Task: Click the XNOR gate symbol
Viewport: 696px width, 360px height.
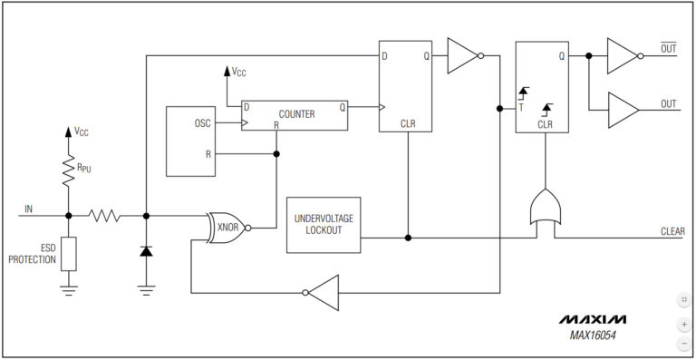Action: click(x=227, y=228)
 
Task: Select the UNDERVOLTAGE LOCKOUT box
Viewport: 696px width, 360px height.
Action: click(x=323, y=225)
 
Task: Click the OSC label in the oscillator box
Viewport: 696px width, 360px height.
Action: click(x=202, y=122)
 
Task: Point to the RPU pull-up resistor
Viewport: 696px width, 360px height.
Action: click(x=68, y=167)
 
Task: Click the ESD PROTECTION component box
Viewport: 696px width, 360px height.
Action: click(x=69, y=254)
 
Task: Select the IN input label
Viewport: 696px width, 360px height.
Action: click(x=28, y=209)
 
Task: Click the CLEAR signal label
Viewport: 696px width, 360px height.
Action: click(x=672, y=230)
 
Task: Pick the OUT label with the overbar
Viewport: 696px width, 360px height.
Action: click(x=669, y=48)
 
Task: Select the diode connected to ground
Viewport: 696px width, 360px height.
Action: click(x=146, y=249)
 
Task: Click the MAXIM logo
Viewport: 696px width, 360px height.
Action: click(x=592, y=320)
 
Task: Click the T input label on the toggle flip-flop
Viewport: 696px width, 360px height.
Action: click(x=521, y=107)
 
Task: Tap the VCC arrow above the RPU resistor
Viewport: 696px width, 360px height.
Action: click(x=68, y=132)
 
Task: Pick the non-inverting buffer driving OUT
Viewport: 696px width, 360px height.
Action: click(x=623, y=110)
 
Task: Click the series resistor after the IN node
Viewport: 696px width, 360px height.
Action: click(x=104, y=216)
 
